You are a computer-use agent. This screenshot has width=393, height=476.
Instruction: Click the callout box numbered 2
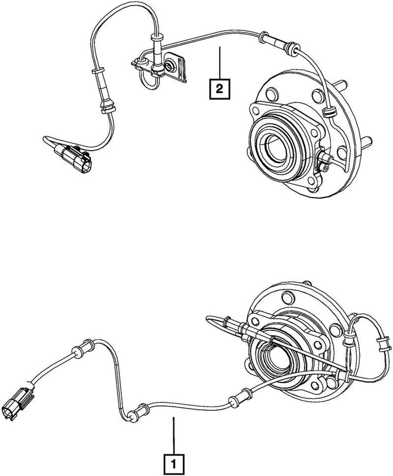219,89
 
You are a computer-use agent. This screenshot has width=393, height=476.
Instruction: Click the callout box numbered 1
173,462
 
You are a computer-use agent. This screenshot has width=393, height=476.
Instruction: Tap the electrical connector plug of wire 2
74,157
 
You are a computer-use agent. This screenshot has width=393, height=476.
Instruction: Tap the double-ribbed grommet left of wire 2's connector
106,107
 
